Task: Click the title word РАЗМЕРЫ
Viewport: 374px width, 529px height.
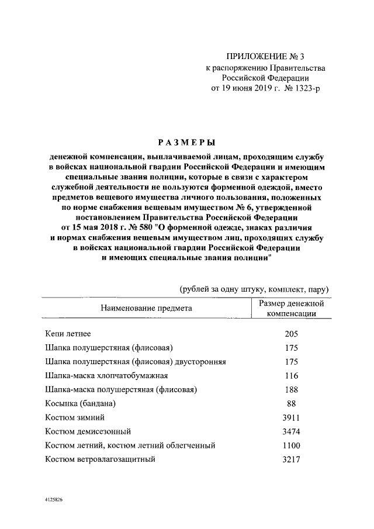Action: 186,142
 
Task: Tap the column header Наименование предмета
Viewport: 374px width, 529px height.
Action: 146,307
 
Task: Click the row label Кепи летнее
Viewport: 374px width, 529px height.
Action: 68,334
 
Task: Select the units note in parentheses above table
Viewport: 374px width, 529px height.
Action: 254,289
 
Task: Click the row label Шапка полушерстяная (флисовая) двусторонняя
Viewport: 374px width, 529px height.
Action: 135,362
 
